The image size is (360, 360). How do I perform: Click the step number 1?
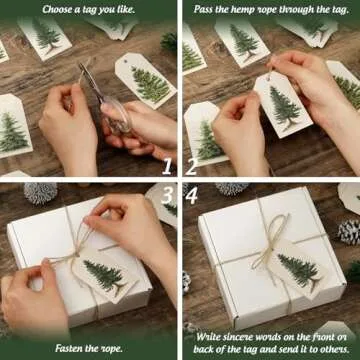[x=166, y=167]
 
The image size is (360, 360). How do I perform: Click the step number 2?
[x=191, y=167]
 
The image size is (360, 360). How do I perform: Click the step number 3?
[x=166, y=193]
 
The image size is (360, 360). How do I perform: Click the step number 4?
[x=191, y=193]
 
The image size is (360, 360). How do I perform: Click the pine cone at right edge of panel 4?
[x=349, y=232]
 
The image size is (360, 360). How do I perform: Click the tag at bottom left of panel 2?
[x=205, y=136]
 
